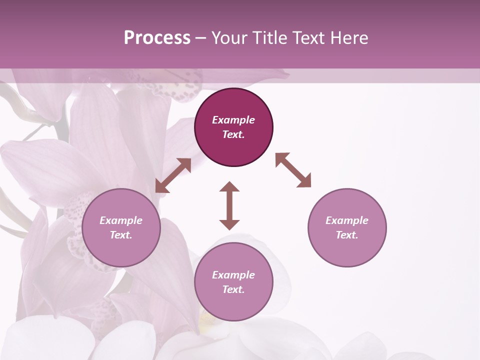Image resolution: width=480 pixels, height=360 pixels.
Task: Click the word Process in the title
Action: [157, 38]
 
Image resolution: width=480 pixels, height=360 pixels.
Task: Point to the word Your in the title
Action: [230, 38]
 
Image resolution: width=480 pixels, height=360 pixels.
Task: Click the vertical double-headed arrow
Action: [229, 205]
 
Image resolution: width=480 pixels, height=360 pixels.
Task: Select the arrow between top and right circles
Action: [293, 170]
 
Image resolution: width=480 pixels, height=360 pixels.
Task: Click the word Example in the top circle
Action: [233, 120]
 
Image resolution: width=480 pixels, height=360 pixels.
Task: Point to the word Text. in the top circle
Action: [233, 134]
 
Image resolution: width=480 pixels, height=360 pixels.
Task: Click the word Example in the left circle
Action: [121, 220]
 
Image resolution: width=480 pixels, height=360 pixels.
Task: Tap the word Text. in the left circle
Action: [121, 235]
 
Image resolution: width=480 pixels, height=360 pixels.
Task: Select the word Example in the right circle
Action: [347, 220]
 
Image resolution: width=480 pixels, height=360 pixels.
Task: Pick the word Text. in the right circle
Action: [347, 235]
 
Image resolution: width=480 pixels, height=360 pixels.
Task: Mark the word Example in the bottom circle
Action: [233, 275]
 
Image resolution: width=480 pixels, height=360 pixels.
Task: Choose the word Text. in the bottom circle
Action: [233, 289]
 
